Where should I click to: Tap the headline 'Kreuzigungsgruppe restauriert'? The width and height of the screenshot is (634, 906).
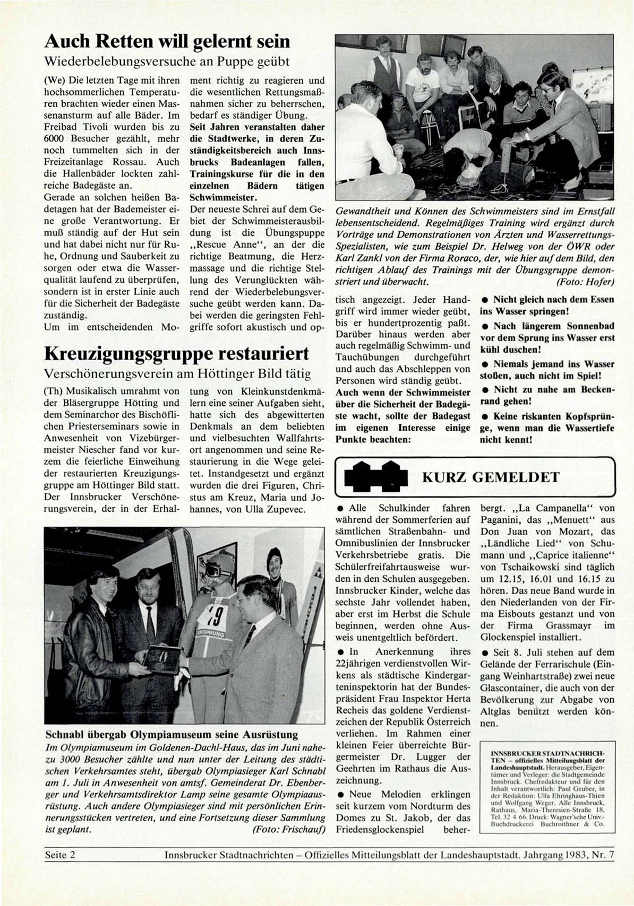pos(176,353)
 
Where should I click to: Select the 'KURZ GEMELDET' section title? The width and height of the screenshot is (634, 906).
pos(490,477)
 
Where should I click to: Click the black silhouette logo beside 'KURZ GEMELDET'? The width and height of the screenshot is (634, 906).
pos(376,475)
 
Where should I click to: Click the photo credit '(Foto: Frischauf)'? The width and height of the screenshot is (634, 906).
pos(289,830)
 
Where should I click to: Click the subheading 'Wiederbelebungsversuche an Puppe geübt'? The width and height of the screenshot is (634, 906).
pos(167,62)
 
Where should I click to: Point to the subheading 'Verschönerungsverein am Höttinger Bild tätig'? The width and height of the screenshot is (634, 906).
pos(177,373)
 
